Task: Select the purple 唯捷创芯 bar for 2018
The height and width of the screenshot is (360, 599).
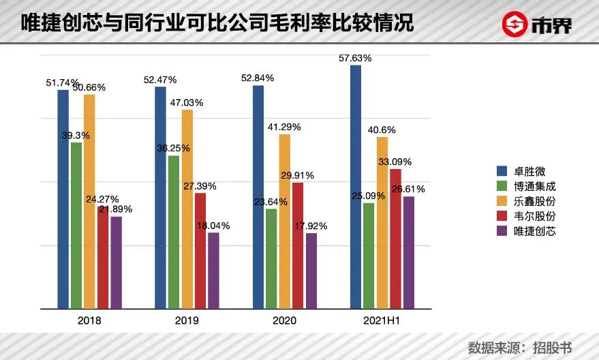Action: (x=116, y=262)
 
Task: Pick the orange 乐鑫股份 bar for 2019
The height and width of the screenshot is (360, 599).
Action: (x=187, y=208)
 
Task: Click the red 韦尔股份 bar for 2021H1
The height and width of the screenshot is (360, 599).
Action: (x=395, y=238)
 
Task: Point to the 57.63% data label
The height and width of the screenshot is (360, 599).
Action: (x=355, y=59)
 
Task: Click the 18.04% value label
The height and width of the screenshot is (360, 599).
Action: (x=213, y=226)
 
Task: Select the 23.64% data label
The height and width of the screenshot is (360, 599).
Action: (x=271, y=202)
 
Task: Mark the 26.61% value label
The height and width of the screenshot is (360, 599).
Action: (x=408, y=189)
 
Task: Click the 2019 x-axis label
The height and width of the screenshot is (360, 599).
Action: (x=187, y=320)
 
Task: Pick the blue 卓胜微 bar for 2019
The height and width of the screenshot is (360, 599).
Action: (x=161, y=197)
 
